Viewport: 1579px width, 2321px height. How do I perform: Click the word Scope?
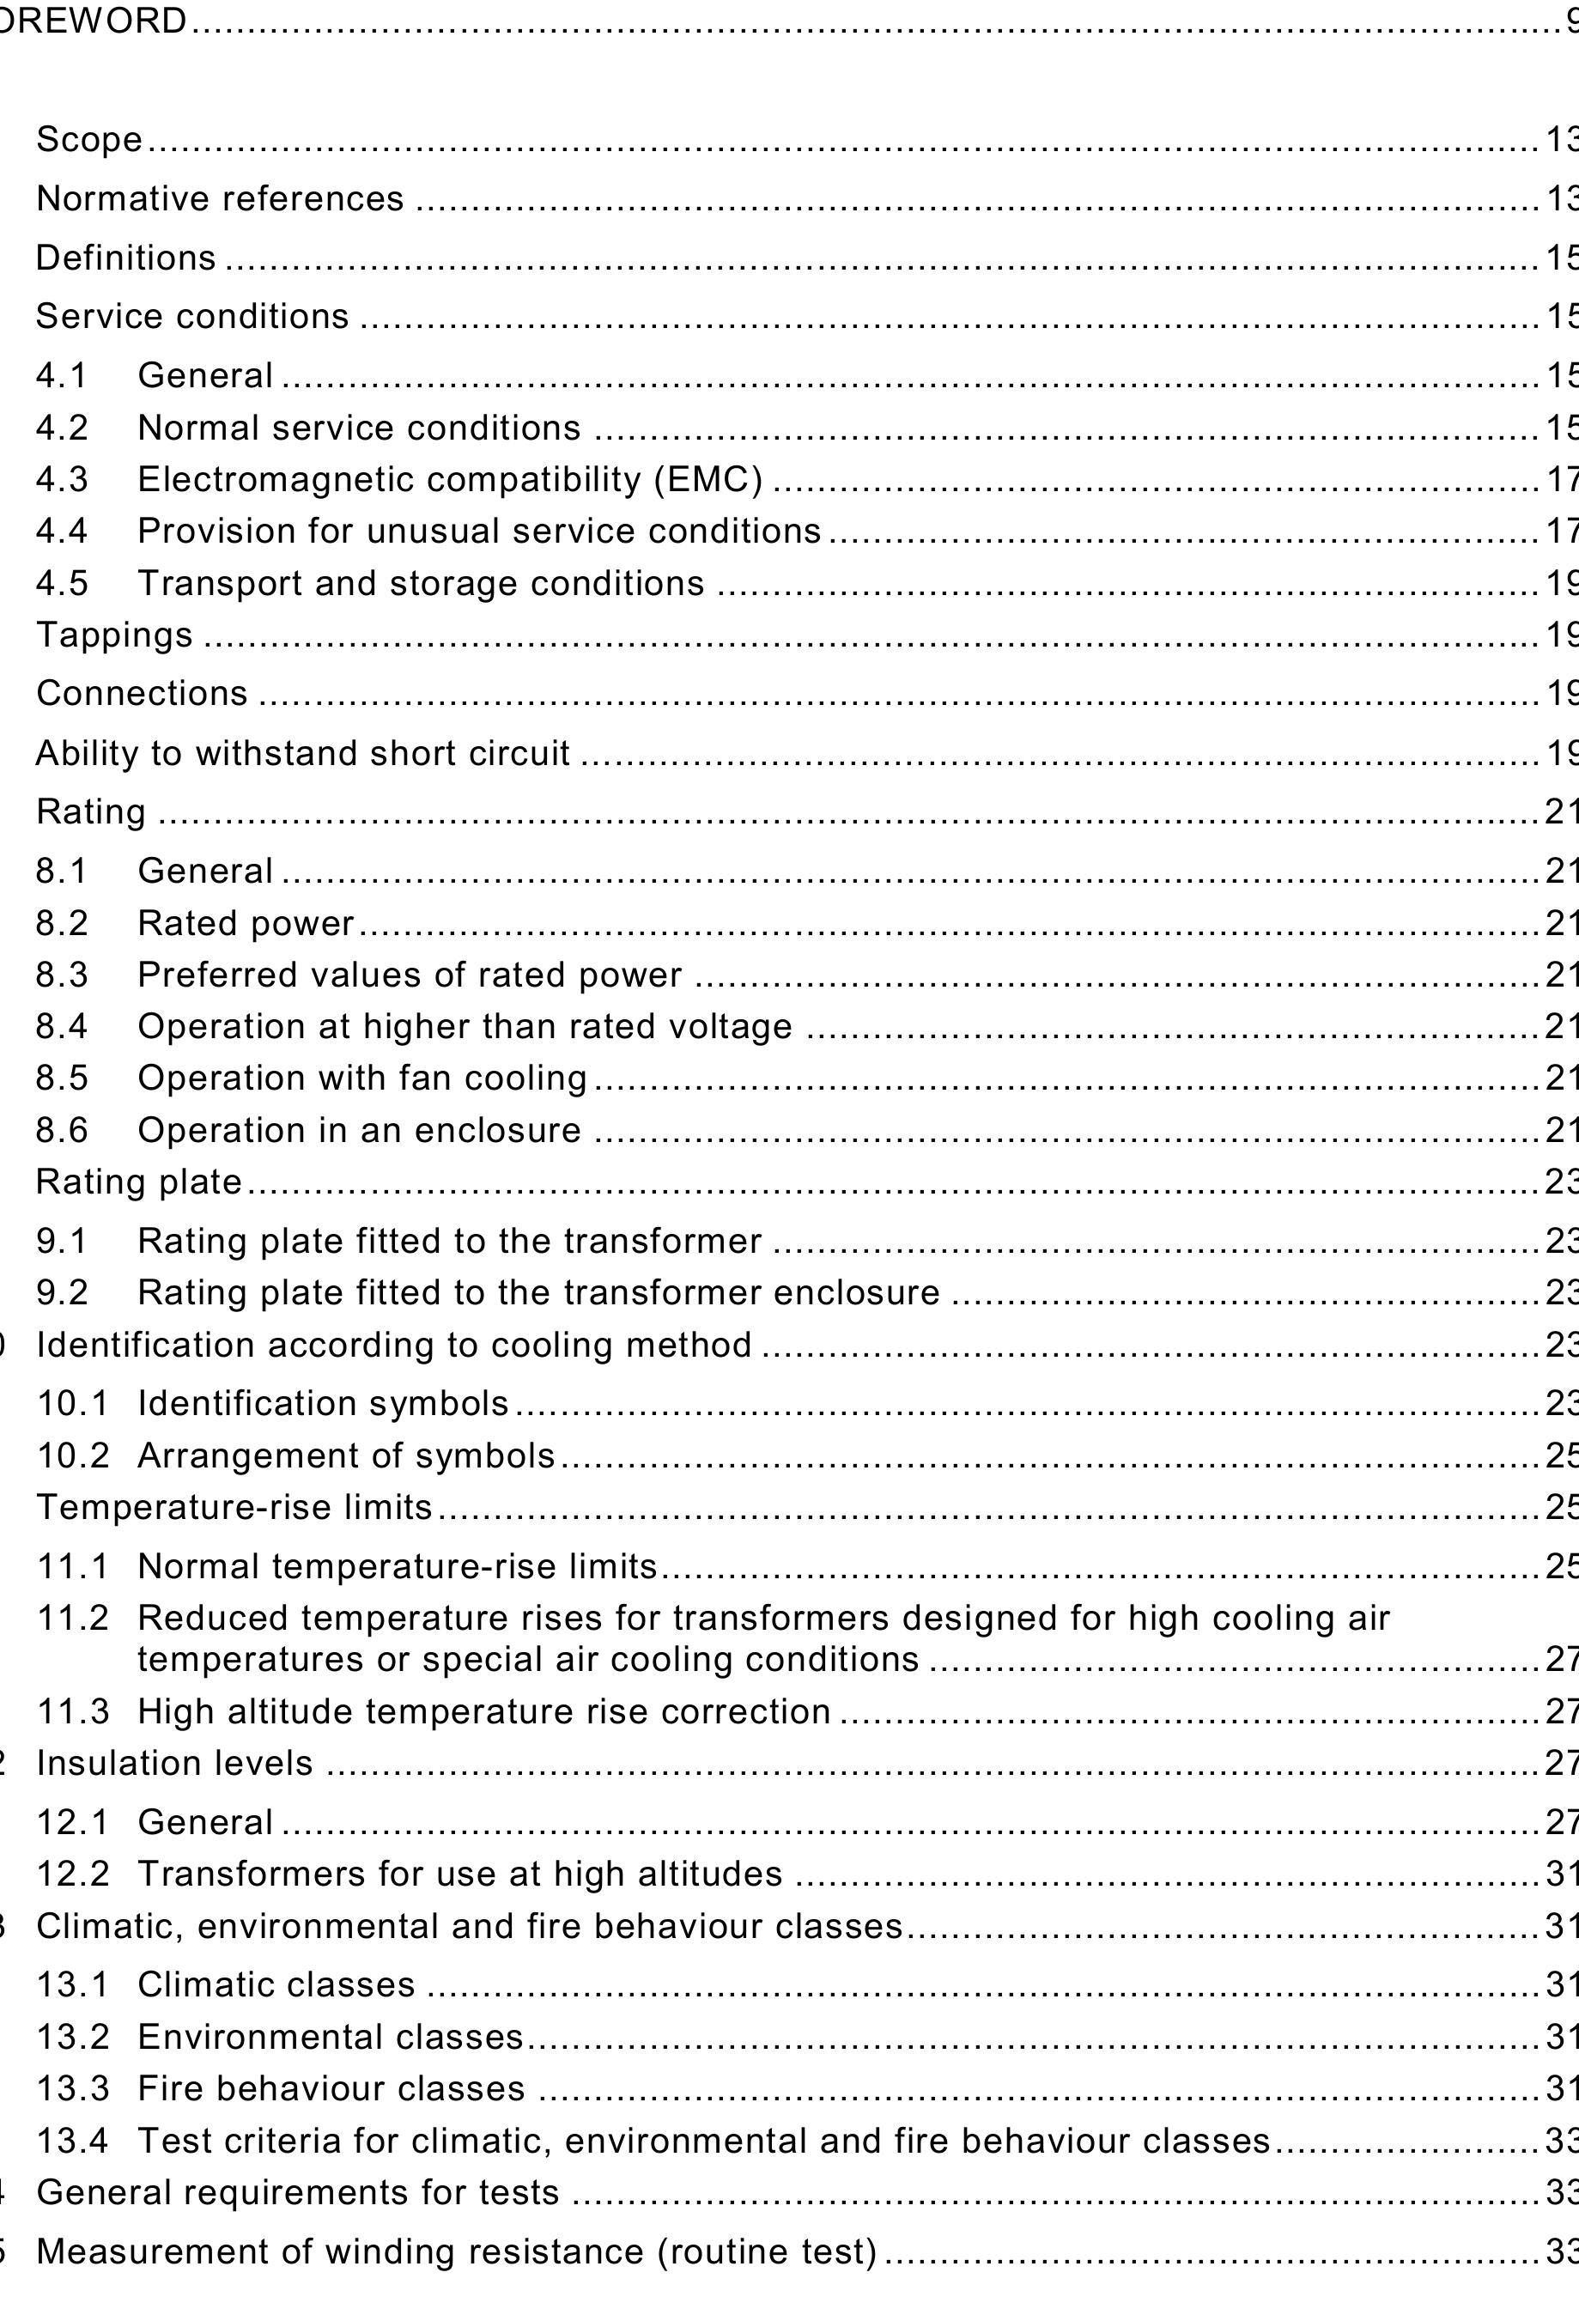point(89,140)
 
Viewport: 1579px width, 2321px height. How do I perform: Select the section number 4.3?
point(62,480)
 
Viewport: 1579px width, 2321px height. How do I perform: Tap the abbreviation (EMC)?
point(709,480)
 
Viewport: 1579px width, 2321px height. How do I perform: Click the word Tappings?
point(114,635)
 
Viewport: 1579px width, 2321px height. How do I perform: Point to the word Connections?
point(142,694)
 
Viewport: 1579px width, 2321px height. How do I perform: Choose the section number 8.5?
point(62,1078)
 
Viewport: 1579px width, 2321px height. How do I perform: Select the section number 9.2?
point(62,1293)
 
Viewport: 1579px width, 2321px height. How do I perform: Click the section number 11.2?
point(72,1618)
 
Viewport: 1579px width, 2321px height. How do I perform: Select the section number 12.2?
point(72,1874)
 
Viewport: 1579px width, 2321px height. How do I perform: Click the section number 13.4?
point(72,2140)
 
